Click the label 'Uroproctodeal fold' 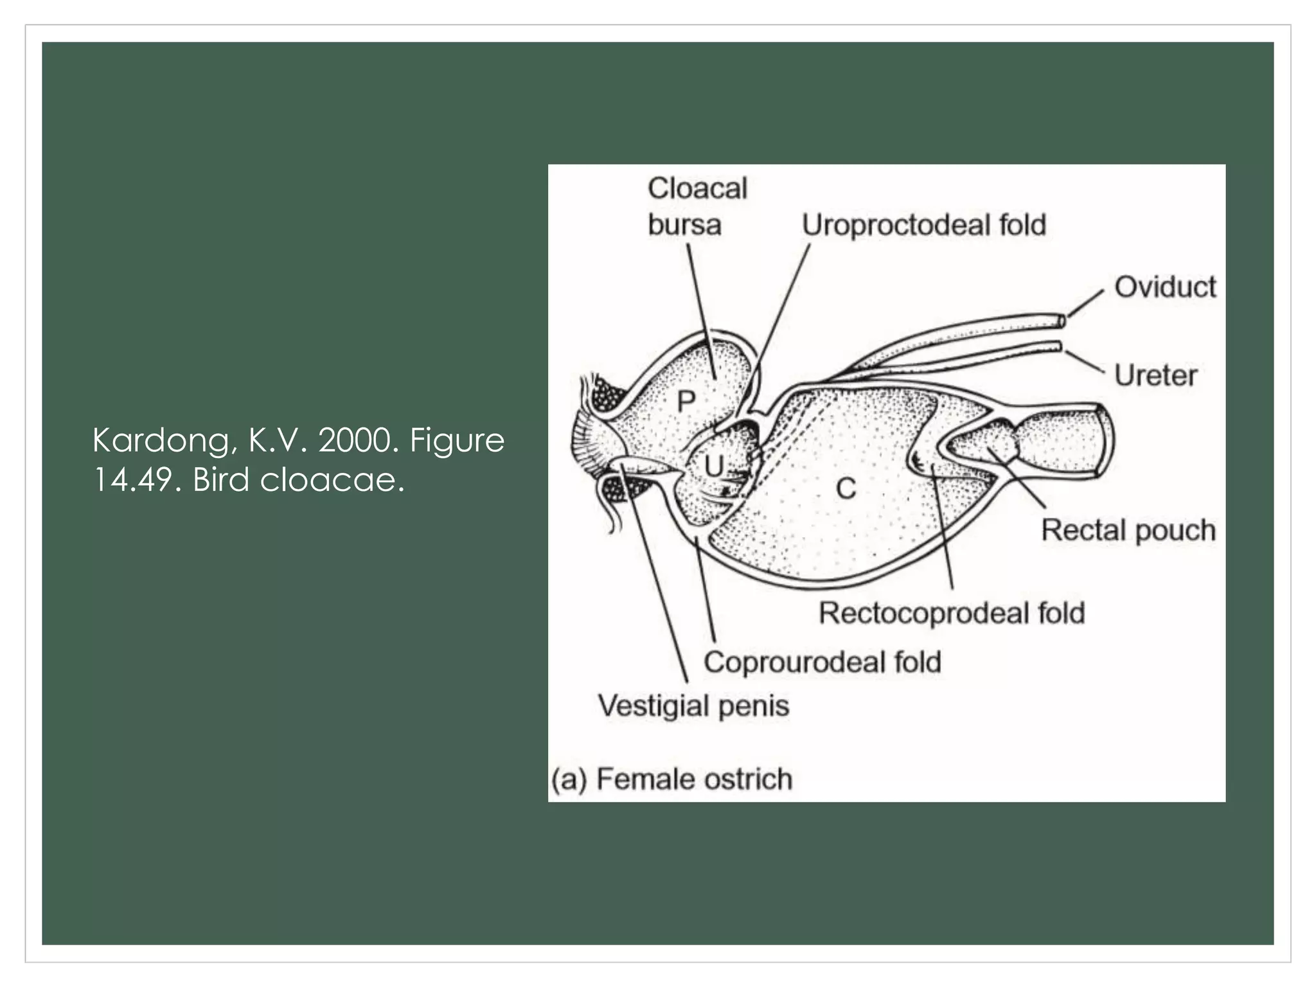924,226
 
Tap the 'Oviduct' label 1165,287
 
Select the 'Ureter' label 1155,375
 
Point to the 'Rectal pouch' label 1128,531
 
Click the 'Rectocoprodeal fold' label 952,613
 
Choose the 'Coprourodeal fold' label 822,662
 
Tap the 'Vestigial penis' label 693,706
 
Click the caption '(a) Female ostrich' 671,779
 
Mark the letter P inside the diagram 686,402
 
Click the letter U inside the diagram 714,467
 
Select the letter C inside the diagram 846,490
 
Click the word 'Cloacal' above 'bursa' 697,189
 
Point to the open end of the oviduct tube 1062,320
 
